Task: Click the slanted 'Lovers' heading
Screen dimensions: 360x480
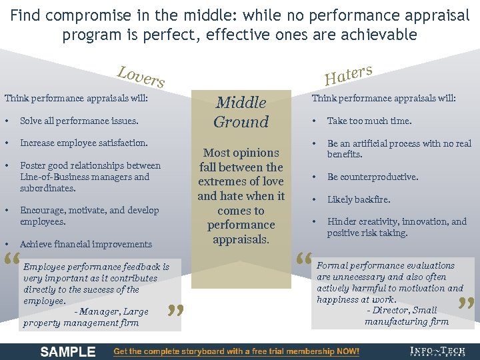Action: pyautogui.click(x=141, y=77)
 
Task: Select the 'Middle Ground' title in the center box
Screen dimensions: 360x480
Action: pyautogui.click(x=241, y=112)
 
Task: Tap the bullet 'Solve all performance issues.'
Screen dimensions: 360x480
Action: pyautogui.click(x=79, y=121)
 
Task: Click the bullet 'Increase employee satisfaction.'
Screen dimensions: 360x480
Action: pyautogui.click(x=84, y=143)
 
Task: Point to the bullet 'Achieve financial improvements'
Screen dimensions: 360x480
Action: pyautogui.click(x=86, y=244)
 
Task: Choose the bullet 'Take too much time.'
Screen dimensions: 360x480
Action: pyautogui.click(x=369, y=121)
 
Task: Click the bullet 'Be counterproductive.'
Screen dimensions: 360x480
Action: pyautogui.click(x=373, y=177)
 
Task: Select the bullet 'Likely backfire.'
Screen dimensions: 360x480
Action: pyautogui.click(x=359, y=199)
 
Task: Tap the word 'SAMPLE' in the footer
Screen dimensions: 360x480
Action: pyautogui.click(x=68, y=351)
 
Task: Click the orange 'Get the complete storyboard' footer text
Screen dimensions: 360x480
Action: pyautogui.click(x=237, y=351)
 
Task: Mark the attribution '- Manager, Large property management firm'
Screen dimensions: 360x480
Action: pyautogui.click(x=85, y=317)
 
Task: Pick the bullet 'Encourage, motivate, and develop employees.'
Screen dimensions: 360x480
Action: pyautogui.click(x=89, y=215)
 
